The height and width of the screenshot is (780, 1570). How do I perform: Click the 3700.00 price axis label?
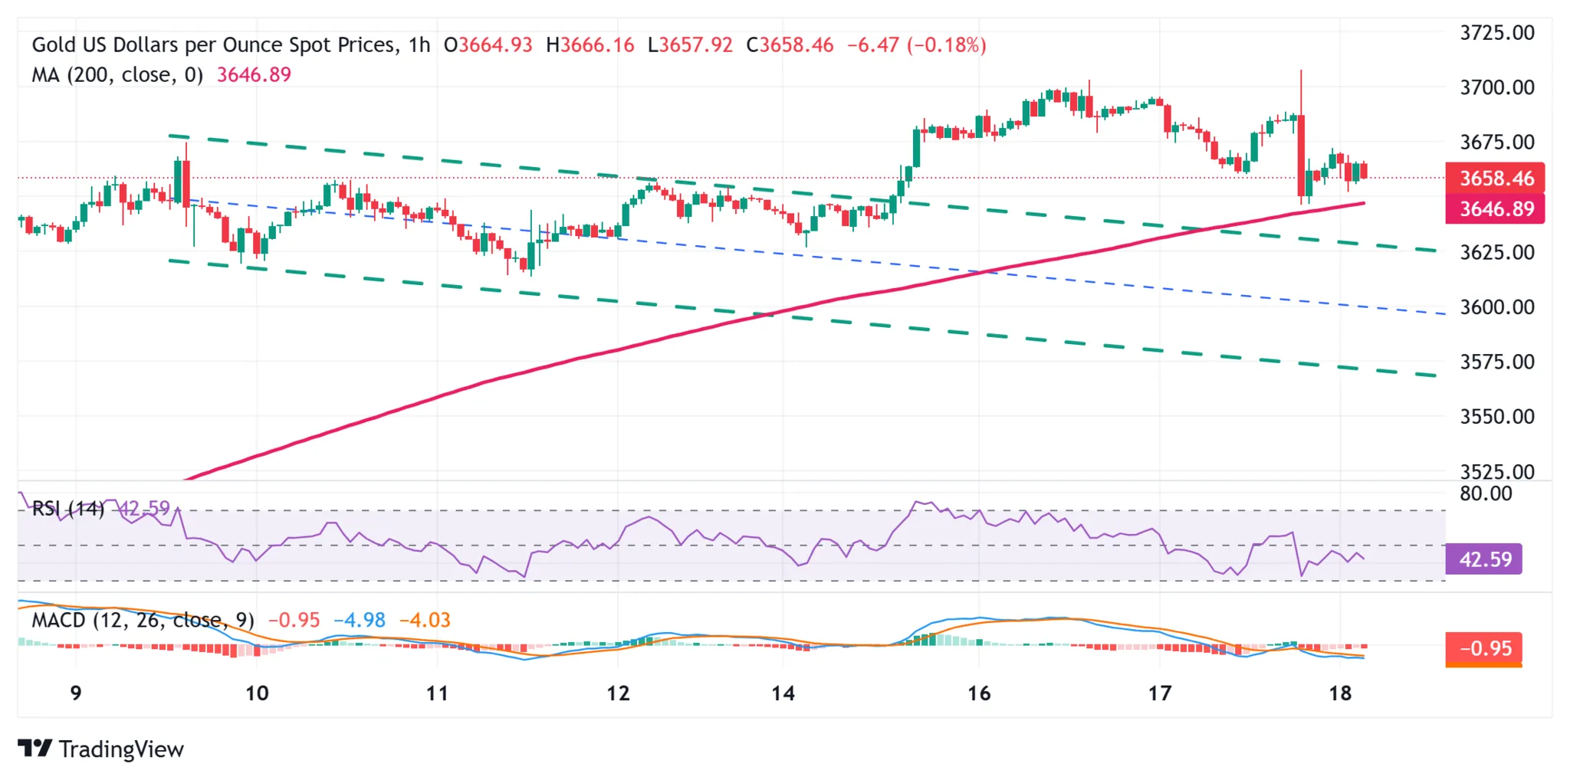click(1496, 87)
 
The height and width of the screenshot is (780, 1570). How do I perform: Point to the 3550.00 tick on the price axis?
click(1496, 417)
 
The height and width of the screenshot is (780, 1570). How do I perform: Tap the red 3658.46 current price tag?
click(1494, 179)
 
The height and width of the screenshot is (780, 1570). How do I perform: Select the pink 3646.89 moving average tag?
click(1494, 209)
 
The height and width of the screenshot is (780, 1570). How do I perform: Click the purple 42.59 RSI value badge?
click(1483, 559)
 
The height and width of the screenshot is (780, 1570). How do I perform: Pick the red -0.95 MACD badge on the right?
click(1483, 648)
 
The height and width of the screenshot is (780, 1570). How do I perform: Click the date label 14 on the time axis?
click(783, 693)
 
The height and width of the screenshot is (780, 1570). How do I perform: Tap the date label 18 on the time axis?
click(1339, 693)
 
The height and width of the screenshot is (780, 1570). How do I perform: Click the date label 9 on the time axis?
click(75, 693)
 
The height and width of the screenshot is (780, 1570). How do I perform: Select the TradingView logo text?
click(120, 749)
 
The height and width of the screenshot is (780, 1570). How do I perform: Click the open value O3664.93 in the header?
click(488, 45)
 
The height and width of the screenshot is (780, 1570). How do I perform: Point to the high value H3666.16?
click(590, 45)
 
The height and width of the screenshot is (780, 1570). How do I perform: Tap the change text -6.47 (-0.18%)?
click(916, 45)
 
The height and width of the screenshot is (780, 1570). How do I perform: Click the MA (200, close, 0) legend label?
click(117, 75)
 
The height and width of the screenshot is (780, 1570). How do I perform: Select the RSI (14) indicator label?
click(67, 509)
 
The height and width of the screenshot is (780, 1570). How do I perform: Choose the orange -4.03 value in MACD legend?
click(425, 620)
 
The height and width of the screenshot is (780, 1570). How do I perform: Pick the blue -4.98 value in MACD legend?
click(360, 620)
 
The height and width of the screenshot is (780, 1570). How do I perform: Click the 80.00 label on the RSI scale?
click(1486, 494)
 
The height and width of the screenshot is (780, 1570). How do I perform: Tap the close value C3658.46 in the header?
click(790, 45)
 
